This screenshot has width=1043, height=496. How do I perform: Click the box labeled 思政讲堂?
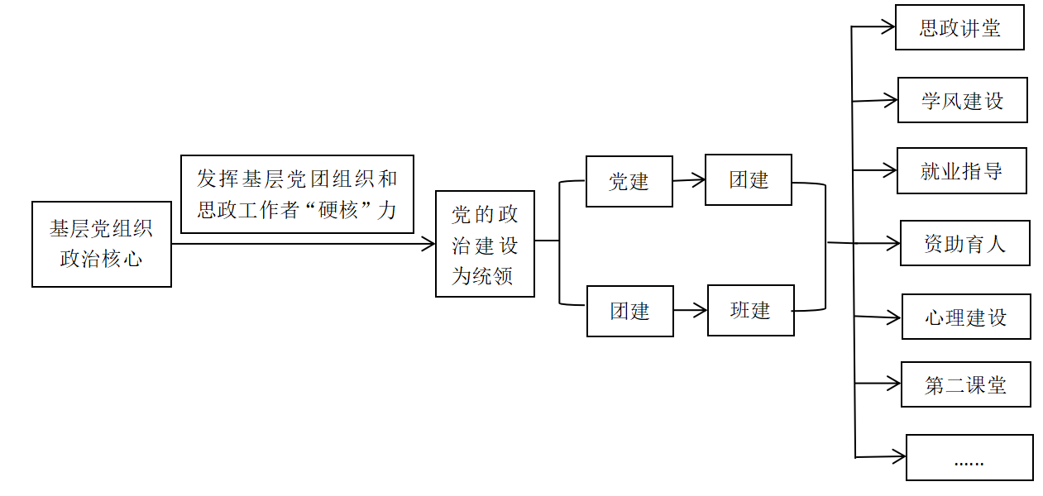[x=959, y=27]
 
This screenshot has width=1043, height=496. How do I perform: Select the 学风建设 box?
[x=962, y=100]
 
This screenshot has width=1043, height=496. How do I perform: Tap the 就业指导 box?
[x=961, y=170]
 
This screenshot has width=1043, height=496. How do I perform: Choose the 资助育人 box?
[x=964, y=243]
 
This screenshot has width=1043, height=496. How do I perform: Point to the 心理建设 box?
[x=966, y=317]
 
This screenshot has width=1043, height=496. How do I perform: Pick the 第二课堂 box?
[x=965, y=384]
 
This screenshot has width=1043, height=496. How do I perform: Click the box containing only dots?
[x=969, y=457]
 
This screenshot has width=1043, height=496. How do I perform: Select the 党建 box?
[x=629, y=181]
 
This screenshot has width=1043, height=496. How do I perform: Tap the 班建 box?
[x=750, y=310]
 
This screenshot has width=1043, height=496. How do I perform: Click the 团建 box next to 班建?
[x=629, y=311]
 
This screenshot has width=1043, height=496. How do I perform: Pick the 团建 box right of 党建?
[x=749, y=179]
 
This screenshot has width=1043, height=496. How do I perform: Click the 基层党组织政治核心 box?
[x=101, y=244]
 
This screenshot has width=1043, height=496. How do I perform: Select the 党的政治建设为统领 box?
[x=485, y=244]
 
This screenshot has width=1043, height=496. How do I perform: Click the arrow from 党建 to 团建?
[x=688, y=179]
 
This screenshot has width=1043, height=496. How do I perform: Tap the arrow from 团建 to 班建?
[x=690, y=311]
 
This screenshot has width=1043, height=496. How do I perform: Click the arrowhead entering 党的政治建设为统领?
[x=428, y=244]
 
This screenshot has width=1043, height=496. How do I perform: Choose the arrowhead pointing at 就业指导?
[x=890, y=170]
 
